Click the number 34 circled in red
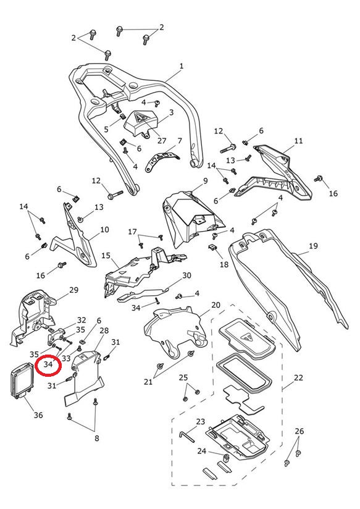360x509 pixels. [x=48, y=364]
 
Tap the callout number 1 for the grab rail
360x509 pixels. [x=182, y=66]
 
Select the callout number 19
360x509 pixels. [x=313, y=246]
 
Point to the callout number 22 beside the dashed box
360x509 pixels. [x=298, y=377]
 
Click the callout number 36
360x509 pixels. [x=38, y=415]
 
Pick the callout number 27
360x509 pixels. [x=162, y=141]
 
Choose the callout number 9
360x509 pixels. [x=205, y=181]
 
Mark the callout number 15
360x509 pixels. [x=106, y=256]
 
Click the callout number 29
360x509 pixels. [x=73, y=290]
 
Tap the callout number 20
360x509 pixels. [x=216, y=305]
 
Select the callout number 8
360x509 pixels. [x=97, y=438]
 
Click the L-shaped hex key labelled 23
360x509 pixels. [x=186, y=437]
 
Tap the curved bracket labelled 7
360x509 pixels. [x=162, y=159]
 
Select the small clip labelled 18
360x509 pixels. [x=212, y=248]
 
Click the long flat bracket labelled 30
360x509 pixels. [x=142, y=293]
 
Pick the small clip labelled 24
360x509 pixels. [x=226, y=458]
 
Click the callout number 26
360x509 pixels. [x=299, y=431]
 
